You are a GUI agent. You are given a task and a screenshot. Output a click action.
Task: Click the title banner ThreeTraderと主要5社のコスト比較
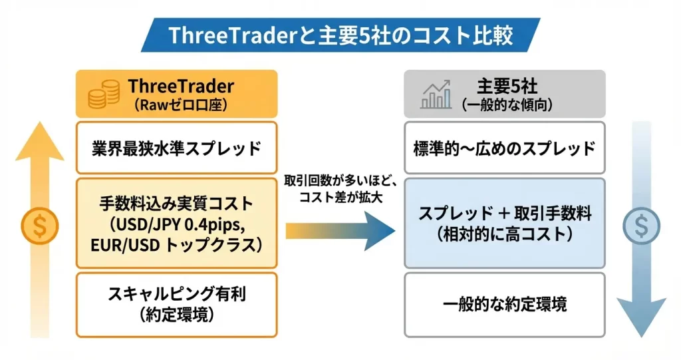click(340, 35)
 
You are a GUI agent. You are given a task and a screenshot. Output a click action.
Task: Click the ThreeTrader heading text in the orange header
click(181, 87)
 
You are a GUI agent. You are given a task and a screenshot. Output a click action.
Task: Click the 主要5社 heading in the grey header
click(507, 87)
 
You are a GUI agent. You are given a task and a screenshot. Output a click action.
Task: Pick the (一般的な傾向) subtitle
click(507, 105)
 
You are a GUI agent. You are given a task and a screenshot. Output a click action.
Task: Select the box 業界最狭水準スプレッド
click(176, 148)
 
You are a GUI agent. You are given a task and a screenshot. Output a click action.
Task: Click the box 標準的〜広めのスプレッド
click(505, 148)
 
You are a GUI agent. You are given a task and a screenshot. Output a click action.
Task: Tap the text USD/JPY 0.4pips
click(176, 224)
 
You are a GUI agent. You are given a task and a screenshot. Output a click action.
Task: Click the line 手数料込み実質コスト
click(176, 203)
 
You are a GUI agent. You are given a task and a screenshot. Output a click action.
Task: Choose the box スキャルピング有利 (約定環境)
click(176, 305)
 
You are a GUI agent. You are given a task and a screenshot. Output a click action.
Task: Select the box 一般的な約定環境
click(505, 305)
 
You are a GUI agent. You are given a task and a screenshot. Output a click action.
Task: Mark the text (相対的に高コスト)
click(505, 234)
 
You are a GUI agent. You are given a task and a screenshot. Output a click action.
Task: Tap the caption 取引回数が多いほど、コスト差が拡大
click(340, 190)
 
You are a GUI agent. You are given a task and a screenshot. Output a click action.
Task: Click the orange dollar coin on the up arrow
click(40, 226)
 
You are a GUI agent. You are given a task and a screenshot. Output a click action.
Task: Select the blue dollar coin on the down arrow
click(641, 226)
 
